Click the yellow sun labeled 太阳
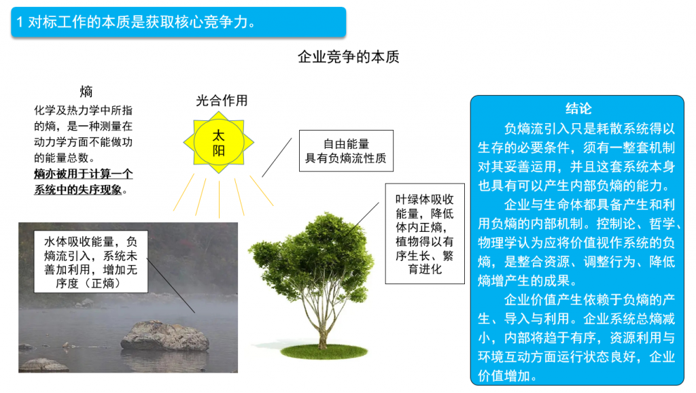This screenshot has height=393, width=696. (218, 142)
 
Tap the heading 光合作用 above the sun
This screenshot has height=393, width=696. (222, 101)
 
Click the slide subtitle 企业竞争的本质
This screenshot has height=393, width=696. (349, 57)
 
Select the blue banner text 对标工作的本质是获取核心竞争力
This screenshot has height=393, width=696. (141, 22)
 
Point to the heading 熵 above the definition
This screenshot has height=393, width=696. (86, 92)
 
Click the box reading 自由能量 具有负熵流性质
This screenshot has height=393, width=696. (346, 150)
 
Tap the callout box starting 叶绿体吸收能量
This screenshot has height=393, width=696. (425, 234)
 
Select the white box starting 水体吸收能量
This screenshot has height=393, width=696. (91, 262)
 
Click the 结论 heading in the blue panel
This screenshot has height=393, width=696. (578, 108)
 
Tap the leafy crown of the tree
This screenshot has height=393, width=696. (313, 258)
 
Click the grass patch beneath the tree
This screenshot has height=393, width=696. (324, 352)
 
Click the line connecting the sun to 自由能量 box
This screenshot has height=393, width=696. (277, 157)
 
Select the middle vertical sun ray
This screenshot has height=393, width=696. (219, 199)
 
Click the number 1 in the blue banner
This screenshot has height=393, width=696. (20, 22)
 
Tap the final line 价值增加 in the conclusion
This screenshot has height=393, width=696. (504, 376)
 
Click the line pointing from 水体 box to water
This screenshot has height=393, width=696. (171, 285)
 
